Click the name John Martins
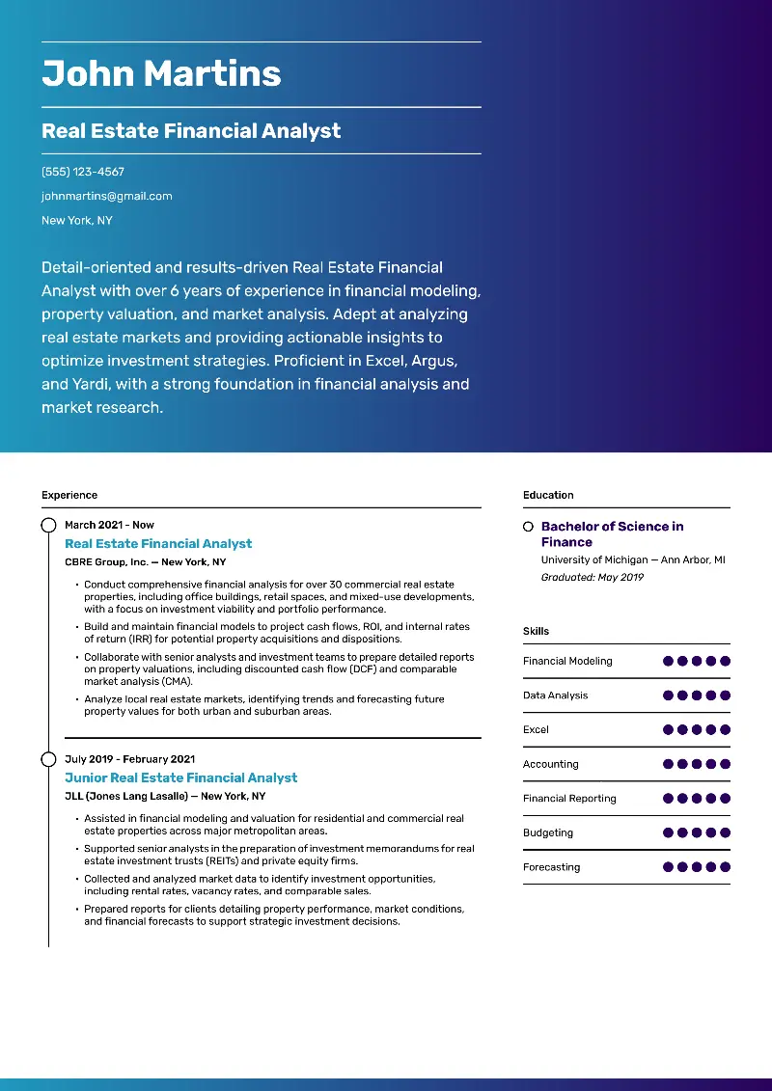[x=161, y=74]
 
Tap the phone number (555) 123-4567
[x=83, y=172]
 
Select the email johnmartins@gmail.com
[x=106, y=196]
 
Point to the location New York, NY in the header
[x=76, y=220]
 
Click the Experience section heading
[x=69, y=495]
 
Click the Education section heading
[x=548, y=495]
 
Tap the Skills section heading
[x=536, y=631]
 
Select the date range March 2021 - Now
[x=109, y=525]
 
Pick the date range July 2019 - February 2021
[x=129, y=759]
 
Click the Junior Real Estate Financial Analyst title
[x=180, y=777]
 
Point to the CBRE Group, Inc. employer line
[x=145, y=561]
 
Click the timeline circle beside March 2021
[x=48, y=525]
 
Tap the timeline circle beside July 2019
[x=48, y=759]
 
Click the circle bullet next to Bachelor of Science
[x=528, y=527]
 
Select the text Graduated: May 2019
[x=592, y=577]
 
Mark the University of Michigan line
[x=632, y=559]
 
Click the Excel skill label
[x=536, y=729]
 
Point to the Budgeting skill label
[x=548, y=832]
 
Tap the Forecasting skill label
[x=552, y=867]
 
